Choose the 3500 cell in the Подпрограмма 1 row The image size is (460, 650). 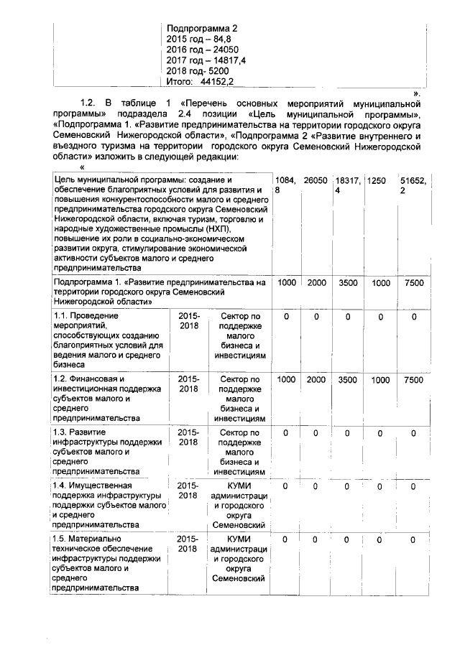tap(348, 284)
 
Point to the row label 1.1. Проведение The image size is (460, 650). tap(85, 315)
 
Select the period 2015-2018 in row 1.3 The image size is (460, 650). tap(188, 437)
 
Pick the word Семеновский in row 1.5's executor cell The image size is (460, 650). tap(238, 579)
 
